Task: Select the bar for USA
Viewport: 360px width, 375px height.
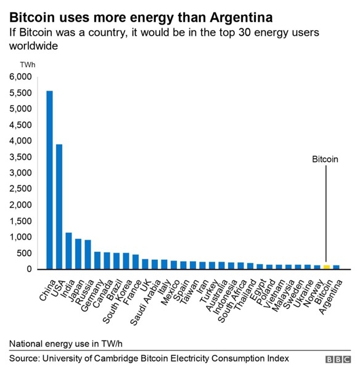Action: tap(59, 206)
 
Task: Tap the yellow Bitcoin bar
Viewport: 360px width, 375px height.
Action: tap(327, 267)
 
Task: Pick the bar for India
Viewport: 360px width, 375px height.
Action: tap(68, 251)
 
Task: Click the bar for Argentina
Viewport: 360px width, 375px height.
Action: tap(336, 267)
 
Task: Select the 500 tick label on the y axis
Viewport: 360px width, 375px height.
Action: tap(23, 253)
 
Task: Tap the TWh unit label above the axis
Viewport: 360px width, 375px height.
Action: tap(27, 65)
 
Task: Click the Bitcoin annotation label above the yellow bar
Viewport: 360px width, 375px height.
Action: tap(325, 159)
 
